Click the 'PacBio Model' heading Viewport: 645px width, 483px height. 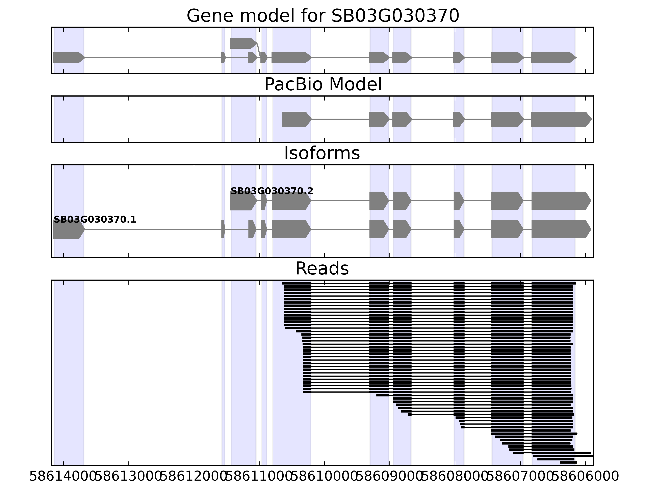point(322,85)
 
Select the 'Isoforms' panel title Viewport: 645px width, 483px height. point(322,153)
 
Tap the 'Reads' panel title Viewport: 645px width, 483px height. point(322,269)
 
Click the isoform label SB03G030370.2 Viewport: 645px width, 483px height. point(272,191)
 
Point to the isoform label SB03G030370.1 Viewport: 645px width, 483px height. point(95,220)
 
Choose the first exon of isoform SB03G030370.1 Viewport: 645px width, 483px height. point(68,229)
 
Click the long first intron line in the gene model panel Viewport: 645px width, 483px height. point(152,58)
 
